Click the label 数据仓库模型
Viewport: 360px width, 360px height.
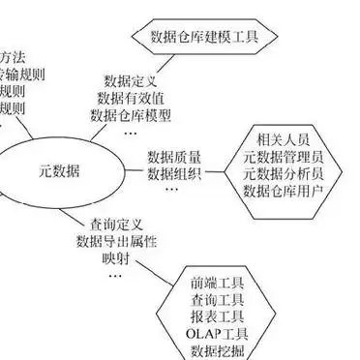pyautogui.click(x=131, y=115)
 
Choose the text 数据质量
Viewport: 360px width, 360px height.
pyautogui.click(x=173, y=156)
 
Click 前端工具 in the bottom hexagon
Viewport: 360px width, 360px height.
pyautogui.click(x=212, y=285)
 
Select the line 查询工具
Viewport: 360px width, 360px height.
pyautogui.click(x=212, y=301)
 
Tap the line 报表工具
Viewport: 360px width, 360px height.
pyautogui.click(x=212, y=317)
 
